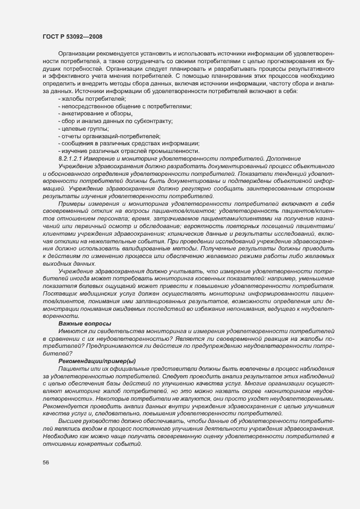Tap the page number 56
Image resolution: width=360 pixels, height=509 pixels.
click(x=46, y=462)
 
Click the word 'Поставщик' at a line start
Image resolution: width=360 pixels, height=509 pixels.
click(x=59, y=293)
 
